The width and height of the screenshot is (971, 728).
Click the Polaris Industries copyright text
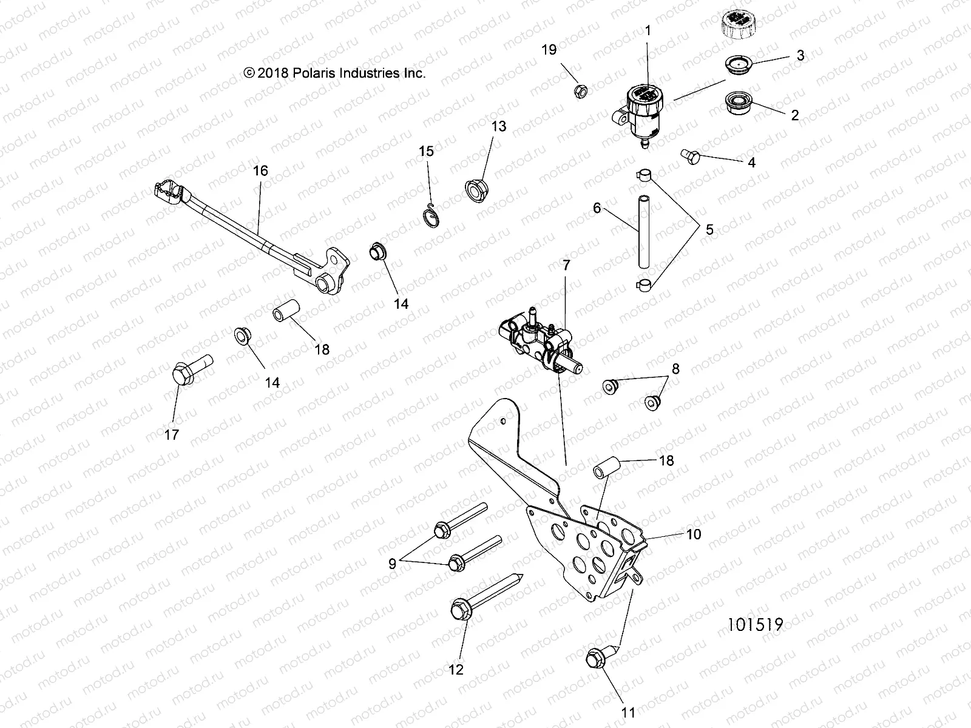334,73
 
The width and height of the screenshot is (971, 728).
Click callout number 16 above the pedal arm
260,170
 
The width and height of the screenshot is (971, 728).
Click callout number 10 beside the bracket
693,534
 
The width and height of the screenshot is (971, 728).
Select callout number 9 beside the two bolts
392,563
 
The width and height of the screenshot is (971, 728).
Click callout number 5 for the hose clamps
709,230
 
